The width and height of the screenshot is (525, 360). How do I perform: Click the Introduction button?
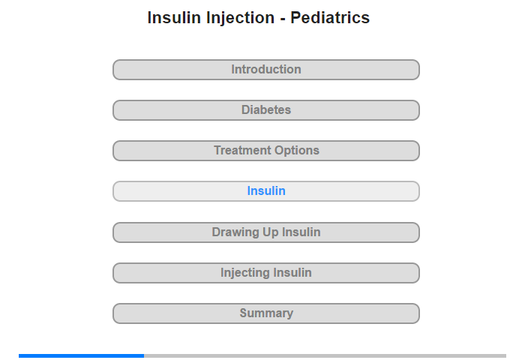coord(265,70)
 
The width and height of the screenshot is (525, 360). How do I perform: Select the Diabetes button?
coord(265,110)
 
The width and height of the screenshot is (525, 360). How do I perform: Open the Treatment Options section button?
coord(265,151)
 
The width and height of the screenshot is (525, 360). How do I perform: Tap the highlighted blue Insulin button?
coord(265,191)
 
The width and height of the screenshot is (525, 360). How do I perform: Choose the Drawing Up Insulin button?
coord(265,232)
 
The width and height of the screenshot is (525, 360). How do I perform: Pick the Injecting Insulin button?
coord(265,273)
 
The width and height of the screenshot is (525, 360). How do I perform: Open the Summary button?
coord(265,313)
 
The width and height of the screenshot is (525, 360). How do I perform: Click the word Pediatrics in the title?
coord(330,17)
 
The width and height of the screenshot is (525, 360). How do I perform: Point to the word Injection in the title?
coord(240,18)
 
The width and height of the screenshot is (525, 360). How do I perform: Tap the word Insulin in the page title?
coord(174,17)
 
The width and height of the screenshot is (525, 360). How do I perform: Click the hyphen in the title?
coord(283,19)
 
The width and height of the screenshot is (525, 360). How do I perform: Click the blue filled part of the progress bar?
coord(81,355)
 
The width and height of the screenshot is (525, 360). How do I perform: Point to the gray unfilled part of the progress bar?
coord(325,355)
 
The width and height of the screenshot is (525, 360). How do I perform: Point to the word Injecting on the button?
coord(244,273)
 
